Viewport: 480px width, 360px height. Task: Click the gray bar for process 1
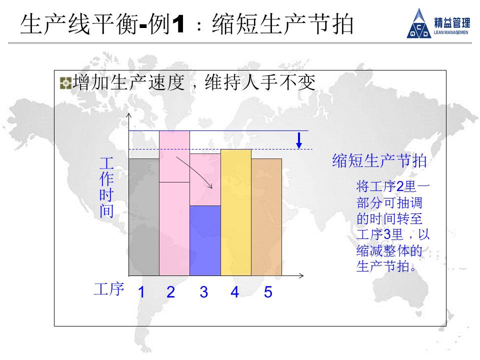pyautogui.click(x=144, y=217)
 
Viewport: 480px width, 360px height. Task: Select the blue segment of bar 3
pyautogui.click(x=205, y=240)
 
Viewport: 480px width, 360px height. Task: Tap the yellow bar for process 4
pyautogui.click(x=236, y=212)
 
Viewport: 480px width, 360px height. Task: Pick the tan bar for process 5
pyautogui.click(x=266, y=217)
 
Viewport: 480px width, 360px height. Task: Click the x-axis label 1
pyautogui.click(x=141, y=292)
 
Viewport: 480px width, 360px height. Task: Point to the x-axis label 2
pyautogui.click(x=171, y=292)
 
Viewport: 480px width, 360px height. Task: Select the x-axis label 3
pyautogui.click(x=204, y=292)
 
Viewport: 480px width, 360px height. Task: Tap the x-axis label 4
pyautogui.click(x=235, y=292)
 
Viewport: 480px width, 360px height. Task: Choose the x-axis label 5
pyautogui.click(x=268, y=292)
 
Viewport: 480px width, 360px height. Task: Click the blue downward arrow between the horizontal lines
pyautogui.click(x=299, y=140)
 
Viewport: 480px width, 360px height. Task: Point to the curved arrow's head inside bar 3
pyautogui.click(x=210, y=186)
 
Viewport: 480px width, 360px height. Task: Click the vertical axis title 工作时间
pyautogui.click(x=106, y=187)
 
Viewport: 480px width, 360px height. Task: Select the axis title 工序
pyautogui.click(x=109, y=289)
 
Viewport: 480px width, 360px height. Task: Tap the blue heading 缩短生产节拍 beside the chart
pyautogui.click(x=379, y=160)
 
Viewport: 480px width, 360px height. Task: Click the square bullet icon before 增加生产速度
pyautogui.click(x=65, y=83)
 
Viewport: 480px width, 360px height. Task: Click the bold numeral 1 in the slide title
pyautogui.click(x=178, y=24)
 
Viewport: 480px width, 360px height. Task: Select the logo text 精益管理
pyautogui.click(x=452, y=23)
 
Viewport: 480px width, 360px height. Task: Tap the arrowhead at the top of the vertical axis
pyautogui.click(x=129, y=115)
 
